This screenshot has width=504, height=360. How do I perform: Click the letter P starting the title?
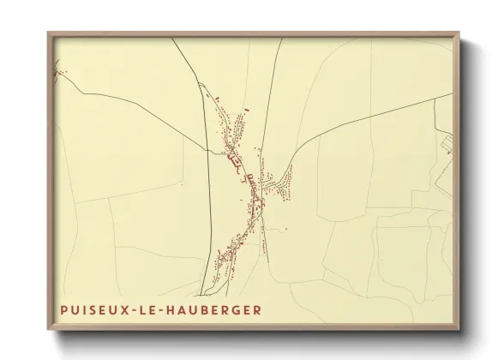tap(64, 310)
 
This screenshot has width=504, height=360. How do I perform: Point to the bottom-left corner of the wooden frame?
tap(48, 330)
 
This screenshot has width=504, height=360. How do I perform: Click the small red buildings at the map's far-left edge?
tap(57, 72)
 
